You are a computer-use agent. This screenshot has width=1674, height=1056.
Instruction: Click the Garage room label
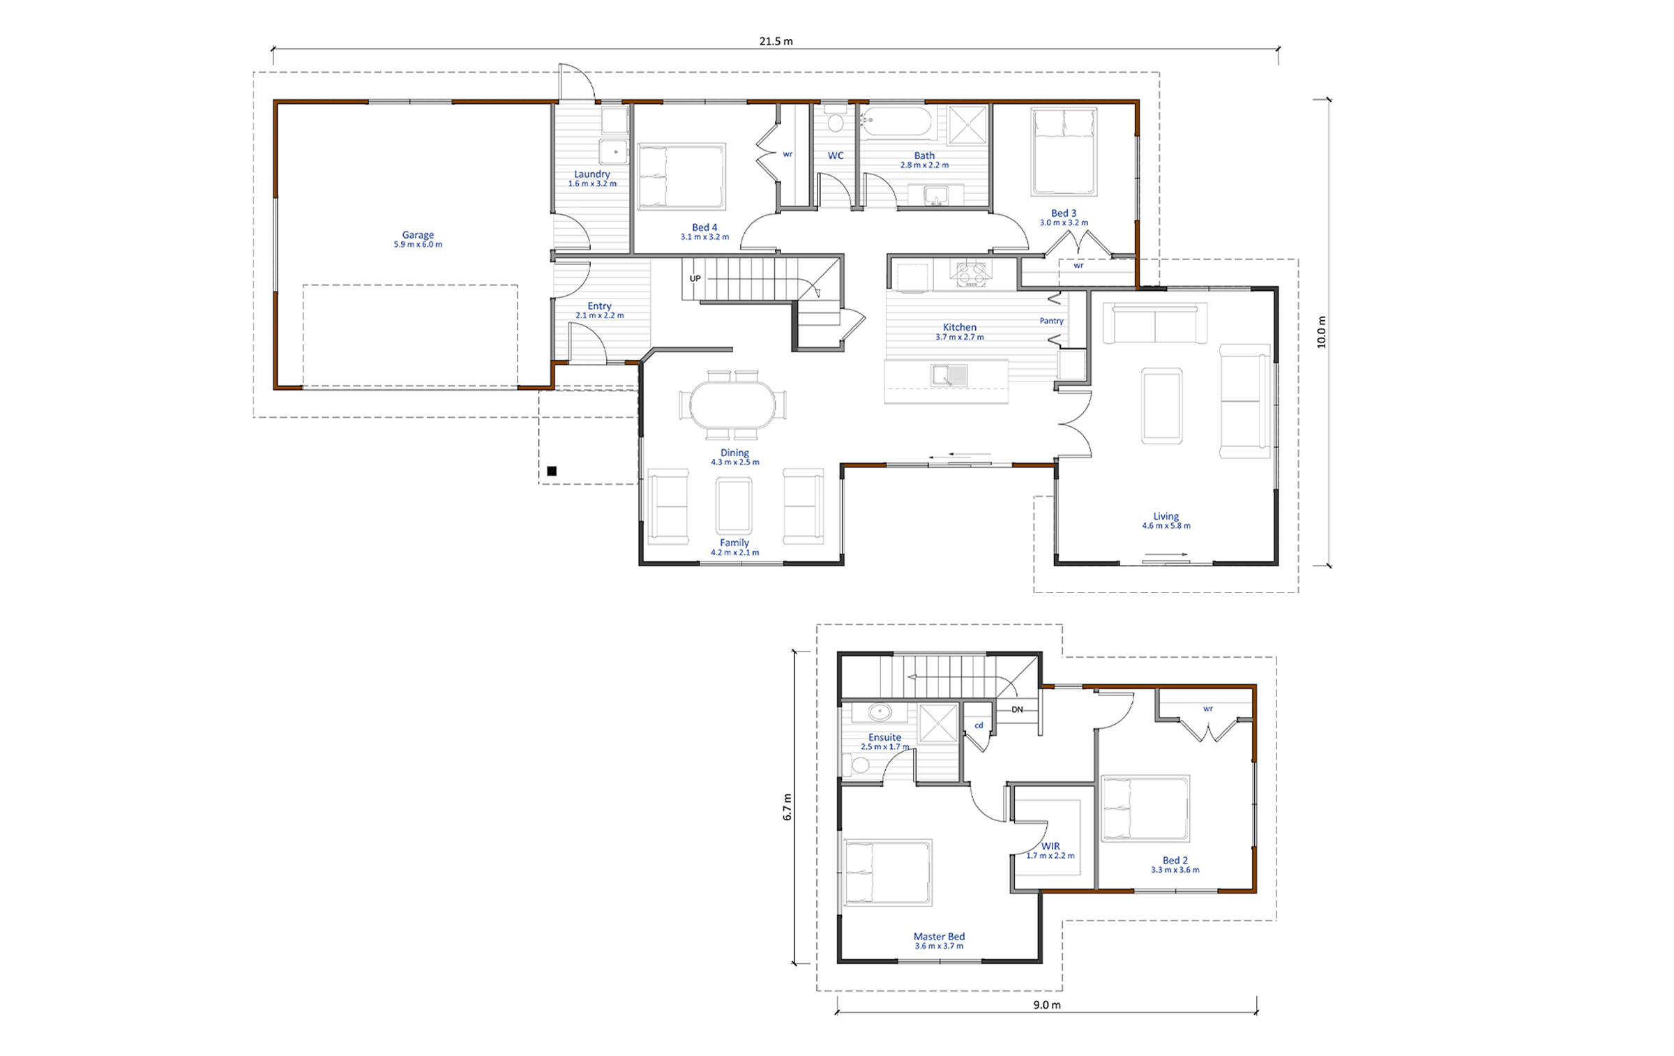418,235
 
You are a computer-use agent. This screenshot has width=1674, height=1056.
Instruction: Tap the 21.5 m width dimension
776,41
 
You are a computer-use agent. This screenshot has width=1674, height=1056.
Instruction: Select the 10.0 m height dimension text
1321,332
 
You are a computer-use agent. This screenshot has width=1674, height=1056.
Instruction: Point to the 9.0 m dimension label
1047,1005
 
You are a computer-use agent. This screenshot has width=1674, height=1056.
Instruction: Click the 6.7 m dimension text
787,807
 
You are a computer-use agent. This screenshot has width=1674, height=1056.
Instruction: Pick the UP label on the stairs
695,278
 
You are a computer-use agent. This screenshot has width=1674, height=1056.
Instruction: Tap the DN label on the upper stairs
1017,709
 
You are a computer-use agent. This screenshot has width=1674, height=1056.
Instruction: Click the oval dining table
732,405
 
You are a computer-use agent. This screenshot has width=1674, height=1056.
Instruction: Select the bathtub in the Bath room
896,121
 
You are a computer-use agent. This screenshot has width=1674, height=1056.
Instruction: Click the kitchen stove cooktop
970,273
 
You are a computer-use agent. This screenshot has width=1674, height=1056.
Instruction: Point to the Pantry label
1051,321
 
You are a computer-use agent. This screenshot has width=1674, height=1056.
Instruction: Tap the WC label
836,156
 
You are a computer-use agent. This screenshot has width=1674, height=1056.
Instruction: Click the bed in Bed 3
1064,151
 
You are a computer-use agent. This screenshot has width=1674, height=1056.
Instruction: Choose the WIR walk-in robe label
1050,846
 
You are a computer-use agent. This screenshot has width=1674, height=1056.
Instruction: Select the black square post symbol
552,471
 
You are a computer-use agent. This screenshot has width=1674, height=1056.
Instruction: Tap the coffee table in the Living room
1161,406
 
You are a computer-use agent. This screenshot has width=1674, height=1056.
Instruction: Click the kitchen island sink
949,375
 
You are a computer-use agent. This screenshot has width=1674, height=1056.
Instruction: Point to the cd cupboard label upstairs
979,725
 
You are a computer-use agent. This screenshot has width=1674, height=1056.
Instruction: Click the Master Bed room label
939,937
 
